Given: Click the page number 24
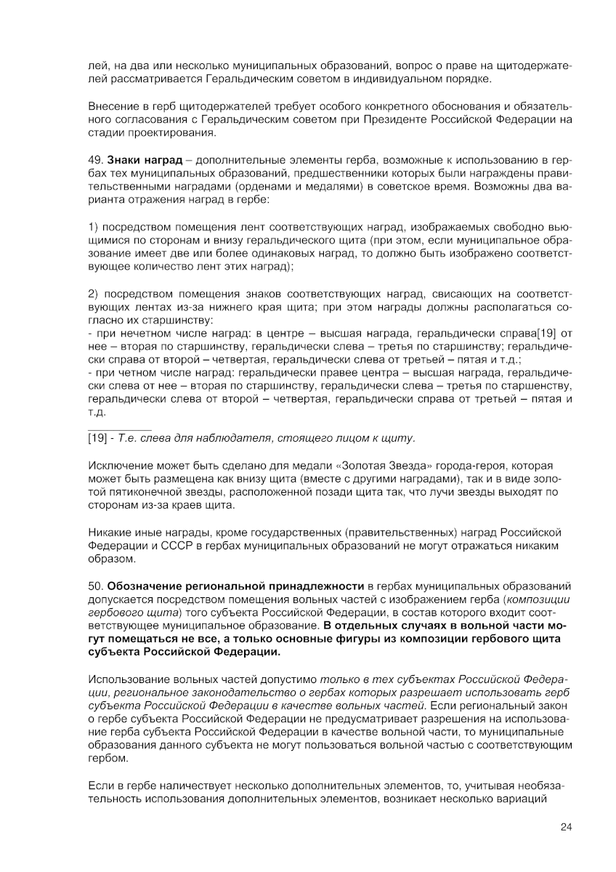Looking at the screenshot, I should (567, 826).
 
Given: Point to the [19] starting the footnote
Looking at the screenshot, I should (97, 438).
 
